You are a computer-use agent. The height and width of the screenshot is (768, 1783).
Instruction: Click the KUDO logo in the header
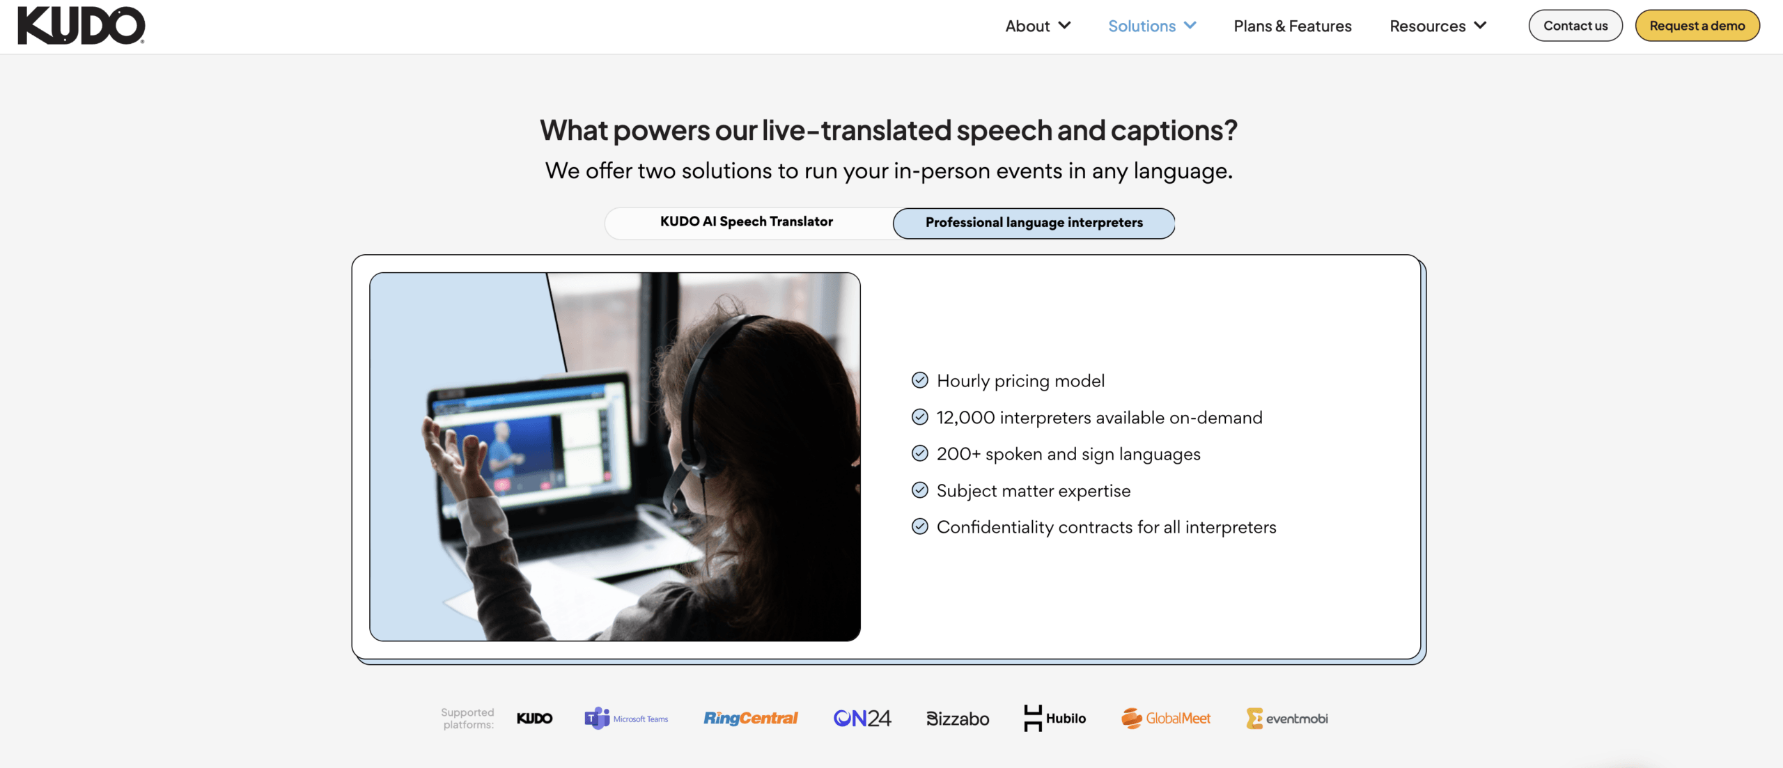point(81,26)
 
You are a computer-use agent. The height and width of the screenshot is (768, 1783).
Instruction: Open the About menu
point(1037,26)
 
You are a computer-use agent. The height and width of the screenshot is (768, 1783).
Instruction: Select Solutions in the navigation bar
point(1152,26)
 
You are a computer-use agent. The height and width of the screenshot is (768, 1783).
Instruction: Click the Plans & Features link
point(1293,26)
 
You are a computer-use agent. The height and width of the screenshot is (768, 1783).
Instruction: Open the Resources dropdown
point(1438,26)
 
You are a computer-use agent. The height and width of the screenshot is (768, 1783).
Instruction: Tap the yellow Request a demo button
point(1697,26)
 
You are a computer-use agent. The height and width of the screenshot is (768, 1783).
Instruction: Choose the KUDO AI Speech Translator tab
point(747,221)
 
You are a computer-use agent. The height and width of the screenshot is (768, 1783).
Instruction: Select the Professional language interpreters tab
point(1034,223)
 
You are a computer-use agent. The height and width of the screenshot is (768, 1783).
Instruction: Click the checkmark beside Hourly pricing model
point(920,380)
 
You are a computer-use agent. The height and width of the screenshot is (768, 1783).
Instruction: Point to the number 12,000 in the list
point(966,418)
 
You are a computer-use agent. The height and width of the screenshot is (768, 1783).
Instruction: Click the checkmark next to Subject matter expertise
point(920,490)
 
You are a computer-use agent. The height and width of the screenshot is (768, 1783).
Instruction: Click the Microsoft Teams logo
point(626,719)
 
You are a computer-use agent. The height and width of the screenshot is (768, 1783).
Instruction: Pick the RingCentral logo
point(750,719)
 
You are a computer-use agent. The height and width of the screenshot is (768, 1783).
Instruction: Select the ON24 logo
point(862,719)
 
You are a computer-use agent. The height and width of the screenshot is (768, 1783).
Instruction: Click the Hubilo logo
point(1054,719)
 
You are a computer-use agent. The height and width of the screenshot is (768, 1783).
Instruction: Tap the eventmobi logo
point(1287,719)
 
